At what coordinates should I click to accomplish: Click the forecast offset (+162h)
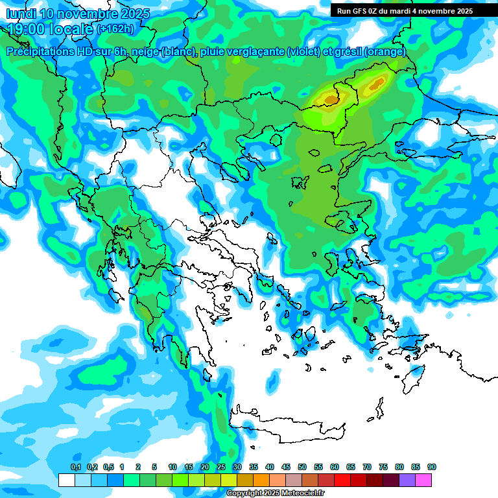tap(115, 29)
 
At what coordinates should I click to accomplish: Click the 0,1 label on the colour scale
tap(76, 467)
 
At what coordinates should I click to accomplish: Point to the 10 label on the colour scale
tap(172, 467)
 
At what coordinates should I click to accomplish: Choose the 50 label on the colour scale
tap(302, 467)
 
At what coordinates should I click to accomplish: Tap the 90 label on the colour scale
tap(432, 467)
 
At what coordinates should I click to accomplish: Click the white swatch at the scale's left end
tap(66, 480)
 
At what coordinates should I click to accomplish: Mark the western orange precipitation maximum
tap(331, 99)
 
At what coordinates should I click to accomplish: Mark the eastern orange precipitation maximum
tap(377, 84)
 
